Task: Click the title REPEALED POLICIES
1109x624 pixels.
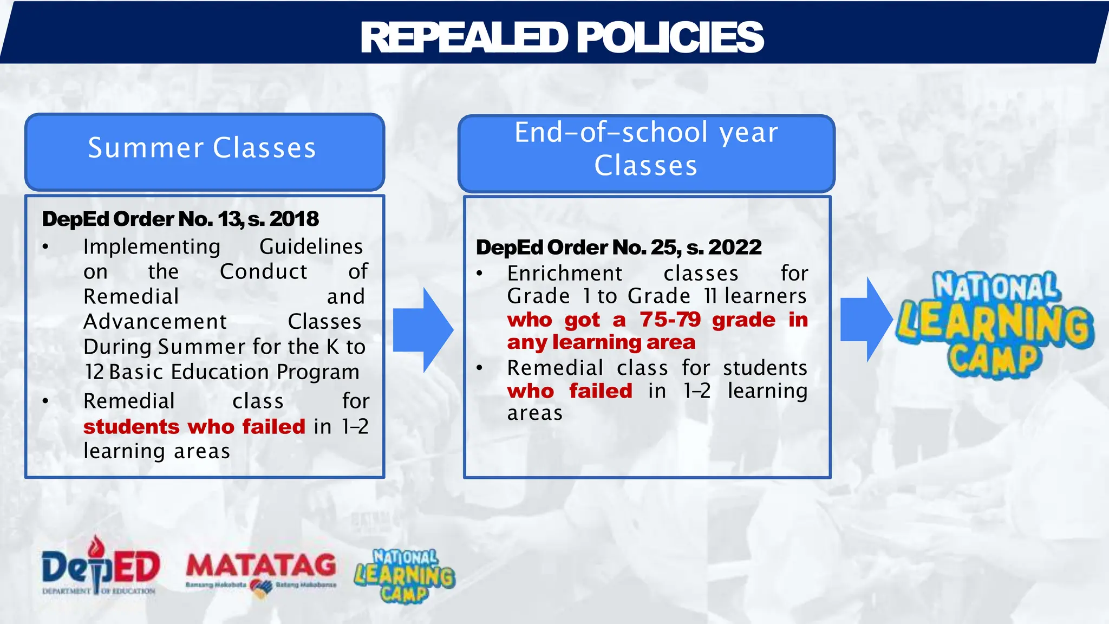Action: (562, 38)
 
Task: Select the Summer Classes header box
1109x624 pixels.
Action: (204, 152)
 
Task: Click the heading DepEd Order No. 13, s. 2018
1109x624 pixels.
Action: (180, 219)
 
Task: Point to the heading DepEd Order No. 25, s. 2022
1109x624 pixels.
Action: (618, 248)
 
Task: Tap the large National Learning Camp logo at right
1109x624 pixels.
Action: (994, 325)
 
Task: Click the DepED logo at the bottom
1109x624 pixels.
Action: (100, 567)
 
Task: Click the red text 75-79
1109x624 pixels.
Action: (670, 320)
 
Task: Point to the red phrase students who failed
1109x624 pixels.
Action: (194, 427)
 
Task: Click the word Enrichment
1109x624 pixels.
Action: (565, 274)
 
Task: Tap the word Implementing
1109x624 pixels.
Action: (152, 247)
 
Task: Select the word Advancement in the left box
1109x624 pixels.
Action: (155, 322)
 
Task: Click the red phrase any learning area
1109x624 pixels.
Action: (601, 342)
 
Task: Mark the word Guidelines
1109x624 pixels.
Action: (311, 247)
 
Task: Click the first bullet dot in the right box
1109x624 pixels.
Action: (479, 274)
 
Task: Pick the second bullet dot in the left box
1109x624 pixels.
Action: (45, 401)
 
